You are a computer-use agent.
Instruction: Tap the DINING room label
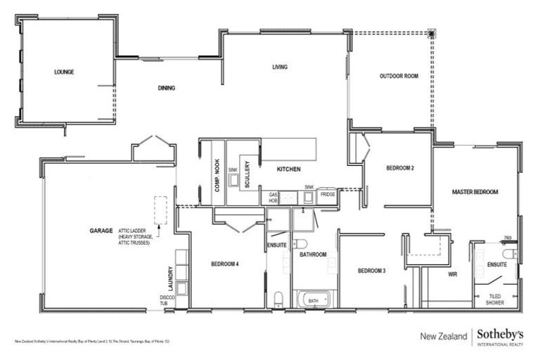point(167,89)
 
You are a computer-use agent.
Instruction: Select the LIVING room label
point(281,67)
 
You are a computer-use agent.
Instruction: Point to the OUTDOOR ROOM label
point(399,76)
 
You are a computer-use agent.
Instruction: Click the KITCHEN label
point(288,169)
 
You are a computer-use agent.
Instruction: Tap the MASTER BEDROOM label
point(475,192)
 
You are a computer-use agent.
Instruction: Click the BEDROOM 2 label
point(399,169)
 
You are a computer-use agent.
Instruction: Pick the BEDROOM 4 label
point(225,264)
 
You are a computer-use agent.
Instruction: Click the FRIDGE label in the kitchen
point(328,193)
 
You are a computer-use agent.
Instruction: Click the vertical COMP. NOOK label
point(217,175)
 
